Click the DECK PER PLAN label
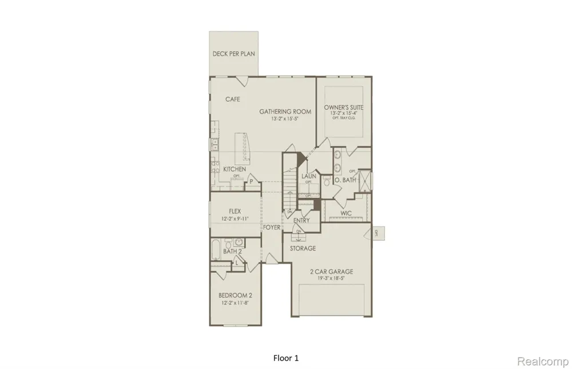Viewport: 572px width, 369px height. point(233,54)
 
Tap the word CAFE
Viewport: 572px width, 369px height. point(232,100)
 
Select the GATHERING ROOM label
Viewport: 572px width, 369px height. point(285,112)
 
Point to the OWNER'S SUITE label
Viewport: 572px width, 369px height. point(343,108)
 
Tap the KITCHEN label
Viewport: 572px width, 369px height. point(235,169)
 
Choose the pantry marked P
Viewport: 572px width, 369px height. point(251,182)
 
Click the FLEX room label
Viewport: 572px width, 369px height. point(235,211)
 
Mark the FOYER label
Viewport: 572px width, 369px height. point(272,228)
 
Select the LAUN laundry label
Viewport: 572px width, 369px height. point(309,176)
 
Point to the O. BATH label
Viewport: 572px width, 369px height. point(345,180)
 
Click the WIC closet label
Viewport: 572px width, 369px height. point(346,213)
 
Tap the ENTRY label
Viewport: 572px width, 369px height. point(301,220)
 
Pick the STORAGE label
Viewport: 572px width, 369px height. point(303,248)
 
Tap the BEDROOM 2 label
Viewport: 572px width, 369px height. point(235,296)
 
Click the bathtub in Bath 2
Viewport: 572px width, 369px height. point(215,249)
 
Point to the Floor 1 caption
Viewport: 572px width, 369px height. point(286,358)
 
